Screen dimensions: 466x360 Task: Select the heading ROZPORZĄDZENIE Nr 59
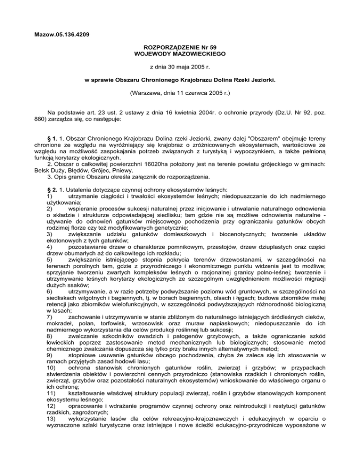(x=180, y=47)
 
